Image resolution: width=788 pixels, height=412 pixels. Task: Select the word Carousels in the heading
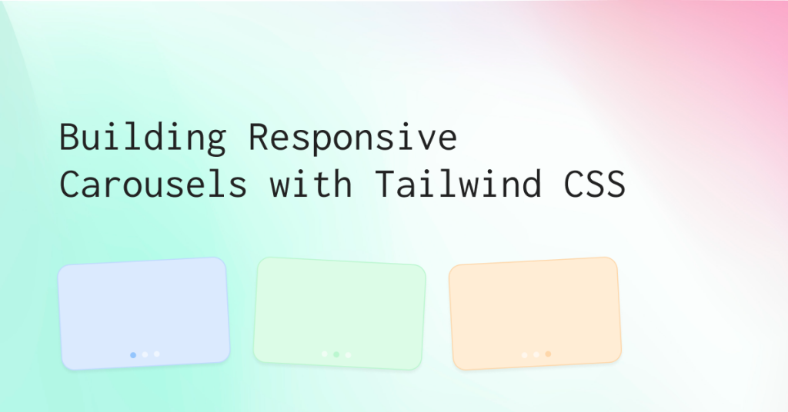[x=153, y=183]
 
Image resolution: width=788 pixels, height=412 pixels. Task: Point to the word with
[x=311, y=183]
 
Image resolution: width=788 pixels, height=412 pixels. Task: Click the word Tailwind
[x=459, y=183]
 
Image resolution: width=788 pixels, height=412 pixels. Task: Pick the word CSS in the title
[x=595, y=184]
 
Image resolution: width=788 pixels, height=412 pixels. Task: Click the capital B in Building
[x=69, y=137]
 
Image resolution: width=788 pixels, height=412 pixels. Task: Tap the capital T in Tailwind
[x=385, y=184]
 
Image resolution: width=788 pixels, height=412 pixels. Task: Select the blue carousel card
[x=144, y=314]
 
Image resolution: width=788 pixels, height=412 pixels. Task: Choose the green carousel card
[x=339, y=314]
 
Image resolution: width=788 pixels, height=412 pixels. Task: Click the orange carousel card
[x=536, y=314]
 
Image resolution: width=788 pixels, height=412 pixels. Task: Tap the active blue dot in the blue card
[x=133, y=355]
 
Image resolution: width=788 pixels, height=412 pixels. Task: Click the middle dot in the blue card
[x=145, y=354]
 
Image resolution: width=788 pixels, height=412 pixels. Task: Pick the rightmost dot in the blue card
[x=157, y=354]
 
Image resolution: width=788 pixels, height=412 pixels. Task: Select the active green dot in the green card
[x=336, y=354]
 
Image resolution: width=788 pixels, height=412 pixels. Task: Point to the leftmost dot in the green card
[x=325, y=354]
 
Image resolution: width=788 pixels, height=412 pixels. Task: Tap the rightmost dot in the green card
[x=349, y=355]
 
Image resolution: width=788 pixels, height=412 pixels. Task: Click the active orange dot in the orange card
[x=548, y=354]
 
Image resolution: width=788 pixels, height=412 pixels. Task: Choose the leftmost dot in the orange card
[x=525, y=355]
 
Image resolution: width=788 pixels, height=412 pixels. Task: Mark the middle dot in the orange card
[x=536, y=354]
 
